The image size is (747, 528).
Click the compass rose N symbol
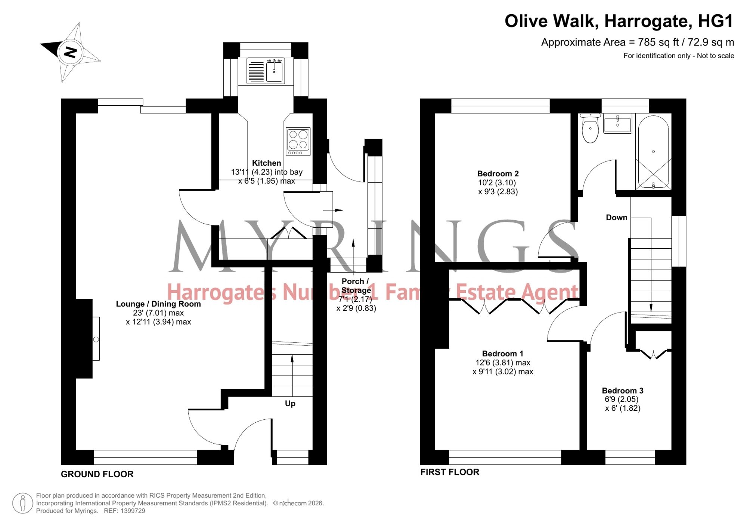[70, 52]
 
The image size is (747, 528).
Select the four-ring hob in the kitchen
[298, 142]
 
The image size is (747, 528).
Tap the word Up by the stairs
[290, 404]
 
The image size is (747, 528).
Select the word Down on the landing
[617, 218]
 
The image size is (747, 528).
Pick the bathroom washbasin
[618, 124]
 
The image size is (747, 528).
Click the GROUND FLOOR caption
[97, 474]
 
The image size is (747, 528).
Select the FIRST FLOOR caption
[450, 472]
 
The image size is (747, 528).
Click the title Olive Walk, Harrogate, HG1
[619, 21]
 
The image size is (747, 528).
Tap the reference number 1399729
[133, 511]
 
